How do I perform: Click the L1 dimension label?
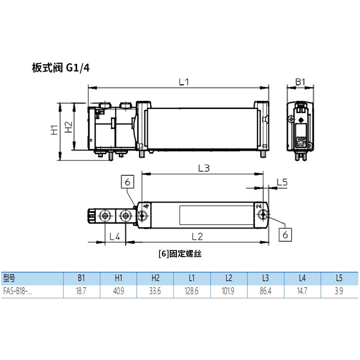184,82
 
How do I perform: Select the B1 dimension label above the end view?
300,82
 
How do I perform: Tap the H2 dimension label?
68,127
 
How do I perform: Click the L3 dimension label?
204,168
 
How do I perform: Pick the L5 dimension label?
282,182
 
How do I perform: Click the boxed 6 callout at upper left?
128,182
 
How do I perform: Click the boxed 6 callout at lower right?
286,234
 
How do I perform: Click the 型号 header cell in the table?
10,278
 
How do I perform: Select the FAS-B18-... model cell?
17,291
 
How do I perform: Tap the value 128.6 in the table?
192,291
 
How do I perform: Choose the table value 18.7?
81,291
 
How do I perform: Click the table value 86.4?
265,291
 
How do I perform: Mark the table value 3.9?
339,291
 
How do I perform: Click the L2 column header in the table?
229,278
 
